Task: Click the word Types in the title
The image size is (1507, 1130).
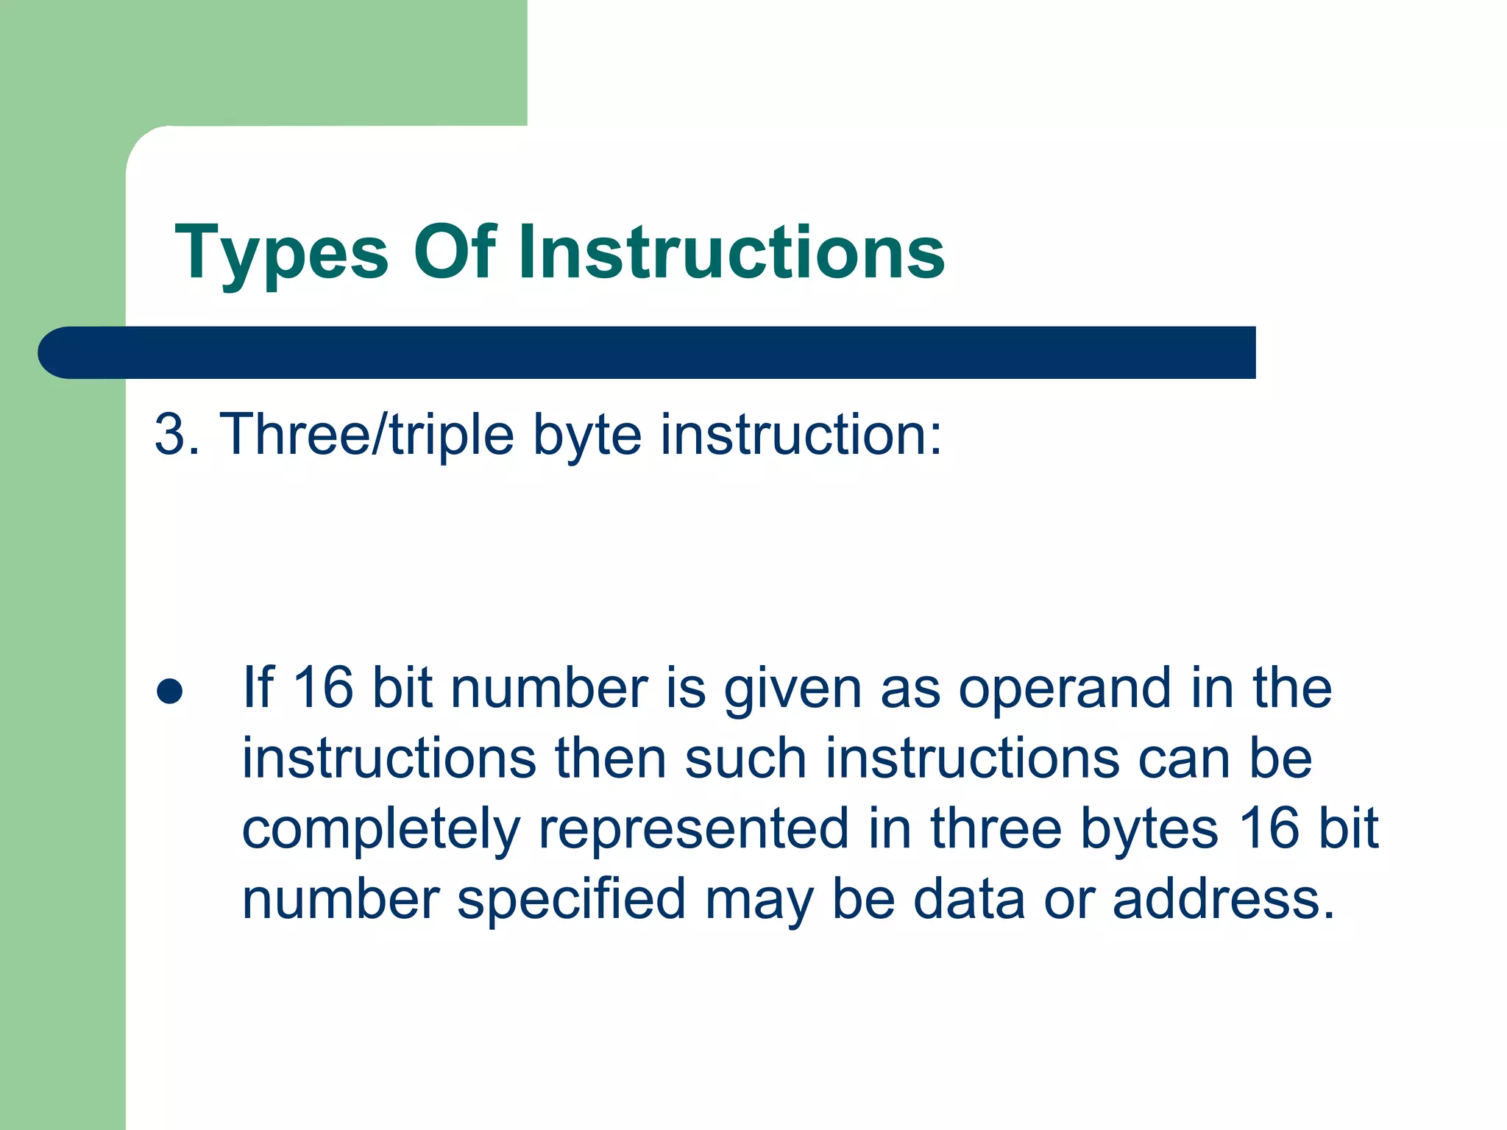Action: [x=281, y=254]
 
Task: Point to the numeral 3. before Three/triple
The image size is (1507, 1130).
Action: [x=177, y=435]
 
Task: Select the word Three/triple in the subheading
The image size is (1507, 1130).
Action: [x=366, y=435]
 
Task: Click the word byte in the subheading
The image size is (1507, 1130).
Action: [x=586, y=435]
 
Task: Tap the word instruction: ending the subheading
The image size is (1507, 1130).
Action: [x=801, y=435]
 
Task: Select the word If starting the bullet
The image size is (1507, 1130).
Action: [x=258, y=688]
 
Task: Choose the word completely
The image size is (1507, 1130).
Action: [x=380, y=830]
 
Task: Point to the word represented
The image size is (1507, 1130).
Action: [x=694, y=829]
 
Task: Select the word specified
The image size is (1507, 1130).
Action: [x=572, y=900]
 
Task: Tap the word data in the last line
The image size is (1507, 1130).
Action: [x=968, y=899]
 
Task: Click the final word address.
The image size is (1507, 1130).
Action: [x=1222, y=899]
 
